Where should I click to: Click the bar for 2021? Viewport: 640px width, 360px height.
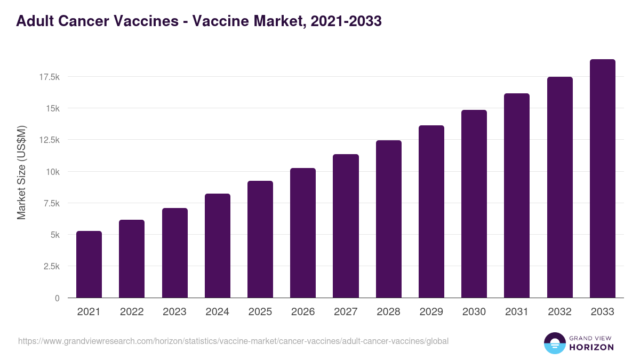[89, 265]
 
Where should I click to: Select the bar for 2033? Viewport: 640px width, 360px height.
[602, 179]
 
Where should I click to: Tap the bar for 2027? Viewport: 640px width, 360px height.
[346, 226]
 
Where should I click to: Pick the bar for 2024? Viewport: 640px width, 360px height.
[217, 246]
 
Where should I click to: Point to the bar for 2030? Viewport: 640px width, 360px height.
[474, 204]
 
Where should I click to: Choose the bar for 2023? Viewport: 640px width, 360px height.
[174, 253]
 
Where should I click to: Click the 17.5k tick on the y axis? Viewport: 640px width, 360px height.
[49, 77]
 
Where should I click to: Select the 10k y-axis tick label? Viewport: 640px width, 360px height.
[52, 172]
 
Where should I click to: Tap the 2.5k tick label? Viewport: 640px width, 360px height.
[51, 267]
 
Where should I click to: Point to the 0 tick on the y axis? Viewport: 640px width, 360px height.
[57, 298]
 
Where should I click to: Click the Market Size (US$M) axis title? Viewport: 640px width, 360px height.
[21, 172]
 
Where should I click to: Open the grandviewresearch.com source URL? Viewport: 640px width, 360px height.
[233, 341]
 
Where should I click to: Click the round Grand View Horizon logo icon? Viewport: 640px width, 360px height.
[554, 343]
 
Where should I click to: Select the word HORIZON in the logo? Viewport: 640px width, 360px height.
[591, 347]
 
